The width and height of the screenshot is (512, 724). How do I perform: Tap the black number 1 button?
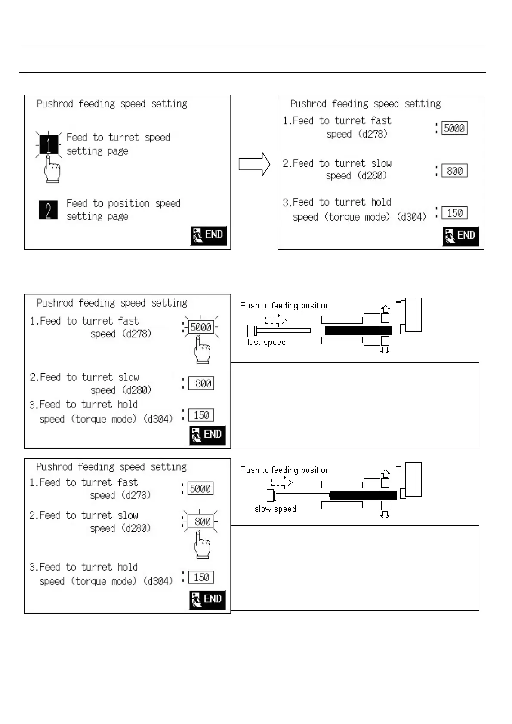49,144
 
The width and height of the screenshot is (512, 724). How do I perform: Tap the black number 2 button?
48,210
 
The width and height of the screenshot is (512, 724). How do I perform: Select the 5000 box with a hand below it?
201,327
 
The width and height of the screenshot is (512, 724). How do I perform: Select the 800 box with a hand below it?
201,522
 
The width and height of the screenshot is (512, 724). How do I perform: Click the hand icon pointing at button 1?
52,170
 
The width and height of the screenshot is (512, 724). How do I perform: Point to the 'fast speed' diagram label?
266,343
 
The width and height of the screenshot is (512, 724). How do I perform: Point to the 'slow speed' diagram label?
275,509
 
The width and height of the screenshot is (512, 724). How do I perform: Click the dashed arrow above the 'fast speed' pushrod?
276,320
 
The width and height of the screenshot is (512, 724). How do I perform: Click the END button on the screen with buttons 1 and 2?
209,235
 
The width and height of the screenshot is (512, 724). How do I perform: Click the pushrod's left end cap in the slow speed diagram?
271,496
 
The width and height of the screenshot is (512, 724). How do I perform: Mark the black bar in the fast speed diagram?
358,330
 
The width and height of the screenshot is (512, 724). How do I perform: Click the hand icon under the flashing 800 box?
202,545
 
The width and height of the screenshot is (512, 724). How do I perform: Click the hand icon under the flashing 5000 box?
202,350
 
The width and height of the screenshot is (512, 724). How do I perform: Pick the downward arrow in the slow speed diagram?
385,515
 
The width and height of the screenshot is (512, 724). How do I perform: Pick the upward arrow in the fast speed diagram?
386,309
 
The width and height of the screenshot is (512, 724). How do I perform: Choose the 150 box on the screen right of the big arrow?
454,213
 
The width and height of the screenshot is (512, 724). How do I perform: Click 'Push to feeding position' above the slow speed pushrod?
285,470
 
